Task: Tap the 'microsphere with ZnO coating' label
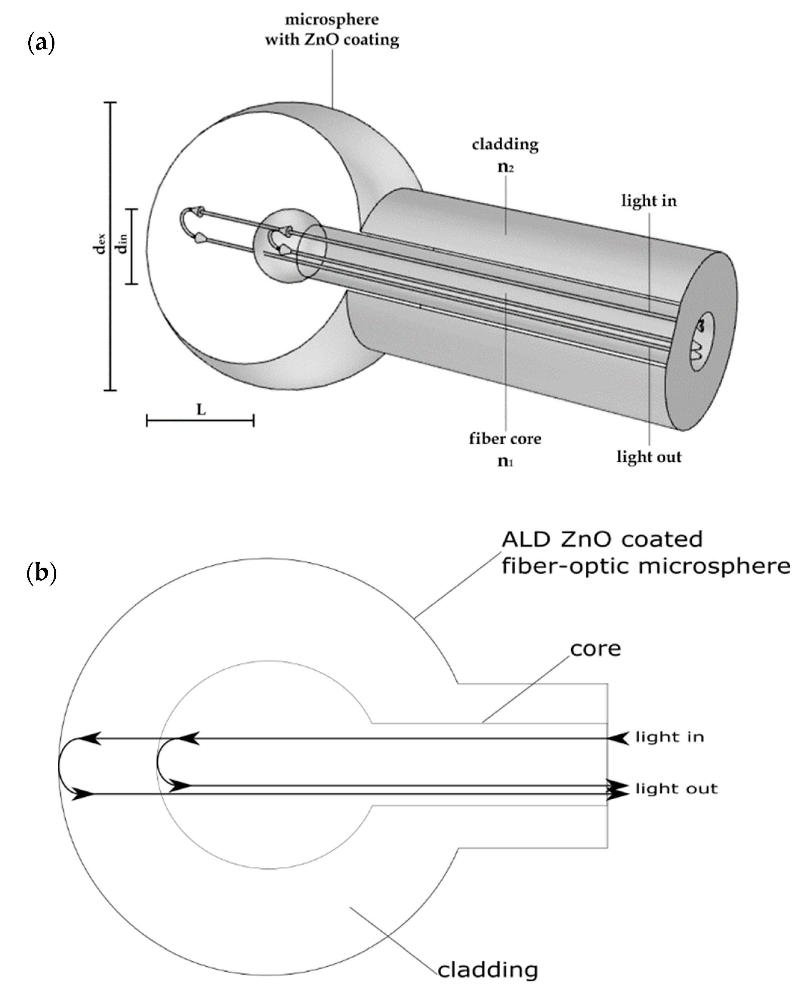(x=332, y=30)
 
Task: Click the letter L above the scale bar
(x=201, y=409)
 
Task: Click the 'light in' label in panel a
(x=649, y=201)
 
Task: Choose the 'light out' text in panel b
(x=676, y=788)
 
